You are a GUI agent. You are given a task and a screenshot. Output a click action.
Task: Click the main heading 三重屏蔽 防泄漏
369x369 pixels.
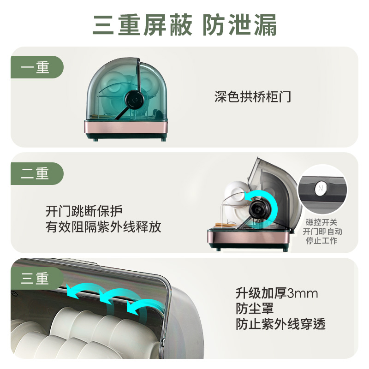[x=184, y=25]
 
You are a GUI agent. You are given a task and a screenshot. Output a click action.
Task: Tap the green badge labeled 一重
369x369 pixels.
[x=37, y=67]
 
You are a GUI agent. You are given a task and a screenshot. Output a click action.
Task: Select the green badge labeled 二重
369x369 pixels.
[x=37, y=173]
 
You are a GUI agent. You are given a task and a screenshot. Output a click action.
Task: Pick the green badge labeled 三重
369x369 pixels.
[x=37, y=278]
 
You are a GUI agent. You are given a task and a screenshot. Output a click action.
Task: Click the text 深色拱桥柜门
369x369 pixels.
[x=252, y=97]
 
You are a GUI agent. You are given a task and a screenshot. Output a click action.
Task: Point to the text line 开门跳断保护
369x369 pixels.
[x=84, y=211]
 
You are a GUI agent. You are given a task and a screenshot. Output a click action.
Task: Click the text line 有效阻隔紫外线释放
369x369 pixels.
[x=103, y=227]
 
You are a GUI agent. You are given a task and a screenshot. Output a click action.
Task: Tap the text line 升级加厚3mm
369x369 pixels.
[x=277, y=293]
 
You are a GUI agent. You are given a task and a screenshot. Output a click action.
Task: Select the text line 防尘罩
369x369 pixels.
[x=255, y=309]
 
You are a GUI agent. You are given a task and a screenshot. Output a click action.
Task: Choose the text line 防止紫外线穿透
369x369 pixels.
[x=280, y=324]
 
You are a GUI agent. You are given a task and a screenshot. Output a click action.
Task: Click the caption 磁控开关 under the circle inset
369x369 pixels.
[x=321, y=222]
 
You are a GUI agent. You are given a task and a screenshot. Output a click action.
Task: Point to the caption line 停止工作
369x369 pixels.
[x=321, y=240]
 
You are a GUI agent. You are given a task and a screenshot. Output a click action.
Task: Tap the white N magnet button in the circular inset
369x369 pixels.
[x=320, y=188]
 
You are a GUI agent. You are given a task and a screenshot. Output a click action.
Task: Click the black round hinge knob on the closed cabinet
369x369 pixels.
[x=135, y=100]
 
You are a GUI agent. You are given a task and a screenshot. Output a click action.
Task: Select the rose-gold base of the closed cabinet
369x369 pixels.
[x=125, y=127]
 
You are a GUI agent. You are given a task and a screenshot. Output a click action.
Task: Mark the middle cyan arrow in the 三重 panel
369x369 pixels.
[x=118, y=297]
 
